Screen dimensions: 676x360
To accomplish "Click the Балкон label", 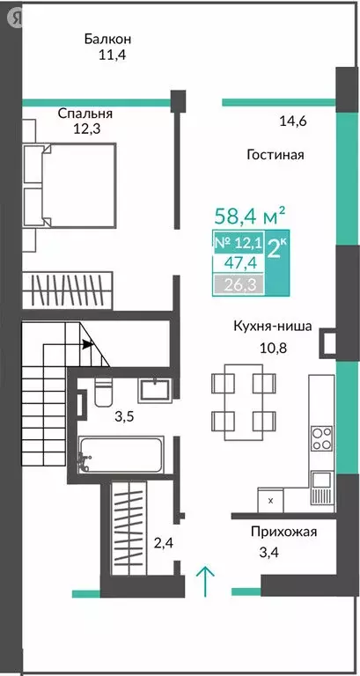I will [108, 39].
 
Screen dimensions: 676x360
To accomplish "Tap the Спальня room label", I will [85, 114].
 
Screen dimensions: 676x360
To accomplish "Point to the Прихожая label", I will [283, 532].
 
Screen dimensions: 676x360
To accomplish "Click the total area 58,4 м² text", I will [250, 215].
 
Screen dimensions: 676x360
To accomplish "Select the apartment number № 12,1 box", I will [237, 243].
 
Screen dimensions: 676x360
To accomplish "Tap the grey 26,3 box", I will [237, 283].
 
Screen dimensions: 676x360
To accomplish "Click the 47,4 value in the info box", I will [237, 263].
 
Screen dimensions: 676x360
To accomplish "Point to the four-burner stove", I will [323, 437].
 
